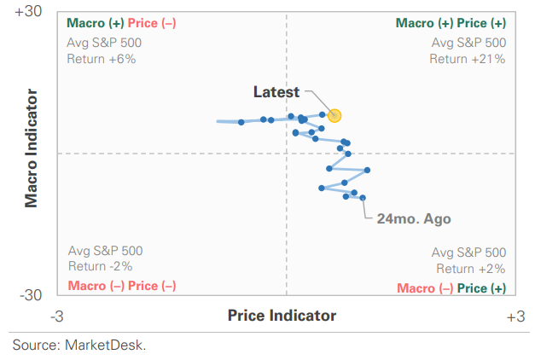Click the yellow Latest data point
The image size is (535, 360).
point(334,116)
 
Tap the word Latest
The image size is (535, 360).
point(276,92)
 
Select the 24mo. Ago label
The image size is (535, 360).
point(414,218)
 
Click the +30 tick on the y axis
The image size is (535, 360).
point(28,11)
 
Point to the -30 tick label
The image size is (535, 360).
point(31,295)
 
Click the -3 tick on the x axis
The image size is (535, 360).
point(57,316)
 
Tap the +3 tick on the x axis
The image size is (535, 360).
point(515,316)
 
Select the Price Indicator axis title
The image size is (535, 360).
point(282,316)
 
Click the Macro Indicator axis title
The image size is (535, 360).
point(31,148)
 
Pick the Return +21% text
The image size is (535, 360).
point(467,59)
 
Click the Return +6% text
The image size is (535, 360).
point(102,59)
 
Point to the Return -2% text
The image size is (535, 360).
point(101,266)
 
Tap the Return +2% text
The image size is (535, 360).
point(471,269)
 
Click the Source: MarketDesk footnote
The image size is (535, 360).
point(79,345)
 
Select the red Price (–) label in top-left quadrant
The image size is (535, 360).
point(152,23)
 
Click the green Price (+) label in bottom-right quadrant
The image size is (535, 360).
point(481,288)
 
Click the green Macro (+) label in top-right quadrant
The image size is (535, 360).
point(424,23)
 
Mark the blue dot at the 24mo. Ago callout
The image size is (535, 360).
point(363,198)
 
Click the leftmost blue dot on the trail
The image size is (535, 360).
point(241,122)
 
